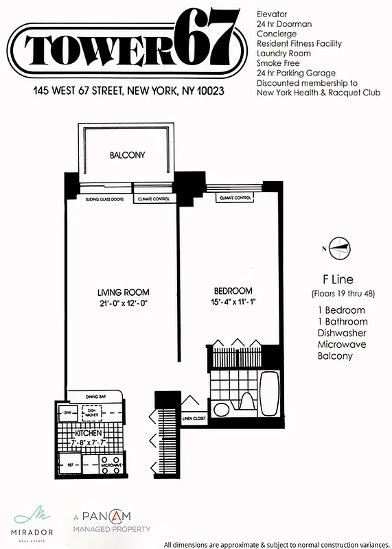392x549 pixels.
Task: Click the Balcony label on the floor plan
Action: (127, 155)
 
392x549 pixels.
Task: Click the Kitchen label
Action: (89, 434)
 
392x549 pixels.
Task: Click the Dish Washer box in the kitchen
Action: (91, 412)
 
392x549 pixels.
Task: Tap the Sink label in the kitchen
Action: (68, 413)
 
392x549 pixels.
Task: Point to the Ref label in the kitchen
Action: (70, 465)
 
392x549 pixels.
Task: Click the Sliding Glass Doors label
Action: (100, 199)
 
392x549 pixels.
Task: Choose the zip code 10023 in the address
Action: (213, 91)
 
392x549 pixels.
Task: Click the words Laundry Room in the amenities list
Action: (283, 53)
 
